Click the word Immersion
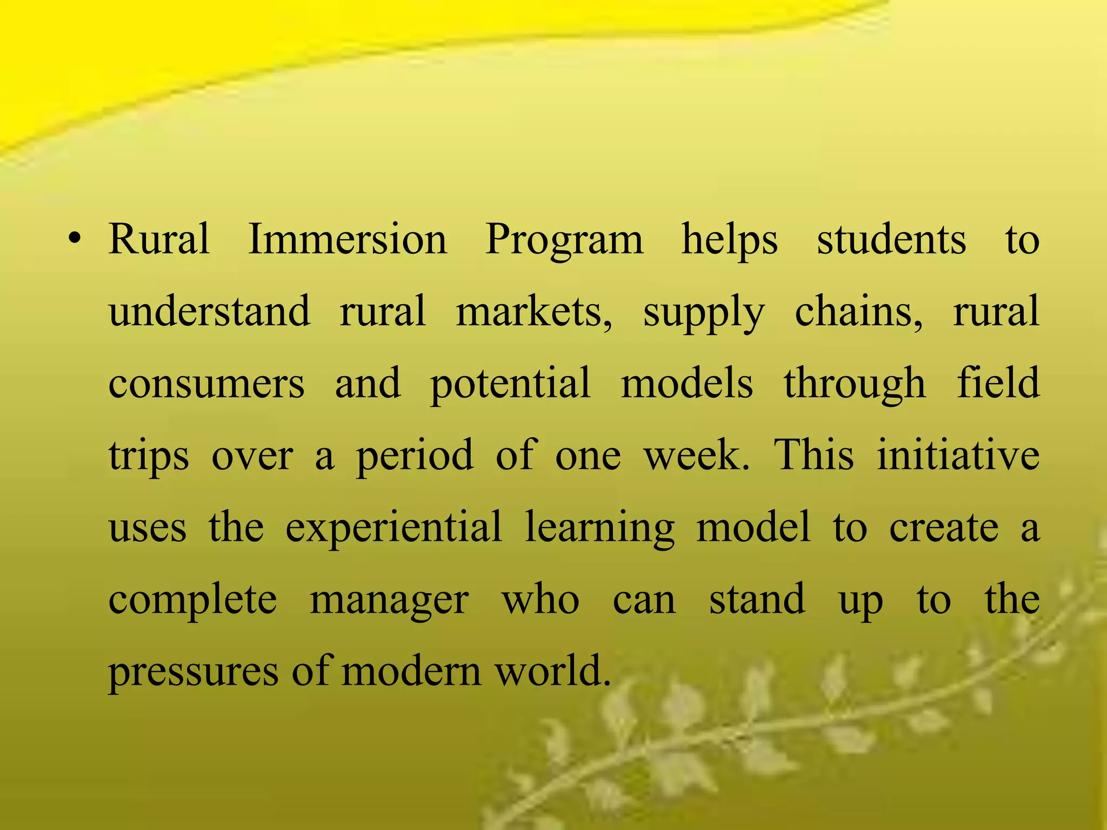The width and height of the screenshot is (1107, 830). click(348, 239)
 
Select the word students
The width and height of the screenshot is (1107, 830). click(891, 239)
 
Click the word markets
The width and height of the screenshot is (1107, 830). click(534, 312)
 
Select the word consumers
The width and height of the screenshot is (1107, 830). click(206, 384)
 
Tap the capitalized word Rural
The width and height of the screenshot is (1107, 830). click(159, 239)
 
